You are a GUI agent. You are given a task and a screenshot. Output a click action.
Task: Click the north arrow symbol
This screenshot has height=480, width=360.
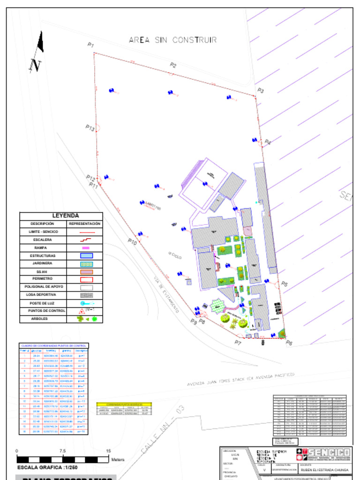(x=37, y=52)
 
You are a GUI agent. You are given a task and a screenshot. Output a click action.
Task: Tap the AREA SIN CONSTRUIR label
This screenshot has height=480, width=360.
(x=172, y=40)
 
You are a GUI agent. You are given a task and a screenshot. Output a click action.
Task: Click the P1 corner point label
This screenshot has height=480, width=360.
(x=90, y=45)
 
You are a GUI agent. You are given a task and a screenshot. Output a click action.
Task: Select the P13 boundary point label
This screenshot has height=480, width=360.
(x=90, y=127)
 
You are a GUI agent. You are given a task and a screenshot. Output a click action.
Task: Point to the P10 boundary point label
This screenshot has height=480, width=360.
(x=132, y=242)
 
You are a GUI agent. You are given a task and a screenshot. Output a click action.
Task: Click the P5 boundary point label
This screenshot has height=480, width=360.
(x=284, y=284)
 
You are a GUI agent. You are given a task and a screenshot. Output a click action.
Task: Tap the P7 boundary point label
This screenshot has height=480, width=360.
(x=238, y=343)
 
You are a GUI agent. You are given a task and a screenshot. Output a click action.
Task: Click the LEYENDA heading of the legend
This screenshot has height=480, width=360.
(x=65, y=216)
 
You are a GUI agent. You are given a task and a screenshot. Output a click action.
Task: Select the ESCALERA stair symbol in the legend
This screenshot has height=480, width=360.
(x=85, y=240)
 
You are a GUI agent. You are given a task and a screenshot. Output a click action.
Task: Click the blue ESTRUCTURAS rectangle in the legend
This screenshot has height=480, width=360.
(x=85, y=255)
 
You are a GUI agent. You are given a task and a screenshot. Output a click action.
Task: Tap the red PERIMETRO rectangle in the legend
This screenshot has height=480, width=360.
(x=85, y=279)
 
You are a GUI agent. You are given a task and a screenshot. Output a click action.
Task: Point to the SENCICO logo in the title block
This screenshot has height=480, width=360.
(x=323, y=453)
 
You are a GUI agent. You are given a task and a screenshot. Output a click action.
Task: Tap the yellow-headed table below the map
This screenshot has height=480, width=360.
(x=124, y=409)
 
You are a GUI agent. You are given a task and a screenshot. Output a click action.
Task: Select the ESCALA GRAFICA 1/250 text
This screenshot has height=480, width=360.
(x=47, y=468)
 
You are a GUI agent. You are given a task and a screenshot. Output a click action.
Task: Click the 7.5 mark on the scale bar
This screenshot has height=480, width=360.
(x=62, y=451)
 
